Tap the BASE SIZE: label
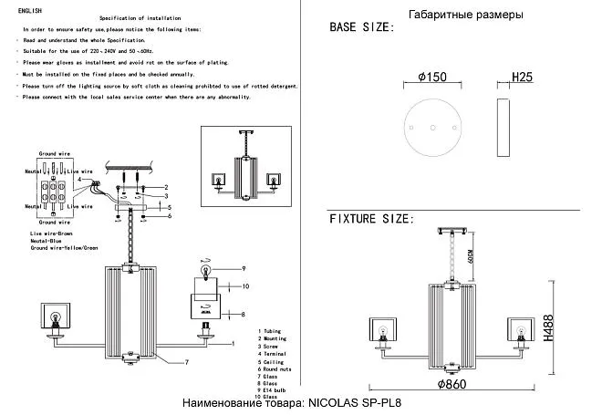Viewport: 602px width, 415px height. (362, 28)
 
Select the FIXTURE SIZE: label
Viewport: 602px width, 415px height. (372, 220)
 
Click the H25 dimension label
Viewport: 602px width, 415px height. (522, 78)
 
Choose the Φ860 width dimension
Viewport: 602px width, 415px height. (452, 385)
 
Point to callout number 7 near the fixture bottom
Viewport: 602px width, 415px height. (186, 363)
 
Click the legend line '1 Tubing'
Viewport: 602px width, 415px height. (273, 331)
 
